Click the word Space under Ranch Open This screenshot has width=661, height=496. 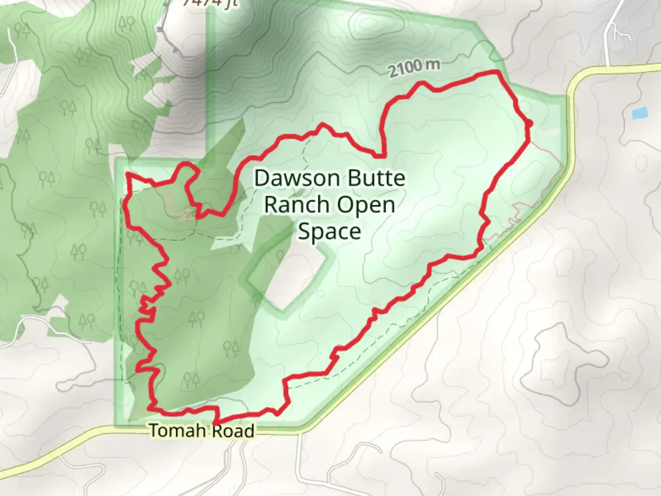tap(329, 231)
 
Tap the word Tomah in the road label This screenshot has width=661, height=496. tap(178, 431)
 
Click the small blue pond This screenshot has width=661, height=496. tap(639, 113)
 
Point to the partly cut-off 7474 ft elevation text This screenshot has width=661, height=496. tap(210, 3)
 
